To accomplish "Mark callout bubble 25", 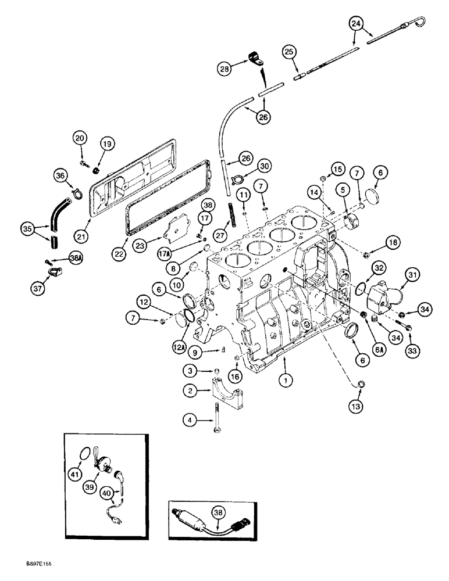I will pos(289,52).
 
